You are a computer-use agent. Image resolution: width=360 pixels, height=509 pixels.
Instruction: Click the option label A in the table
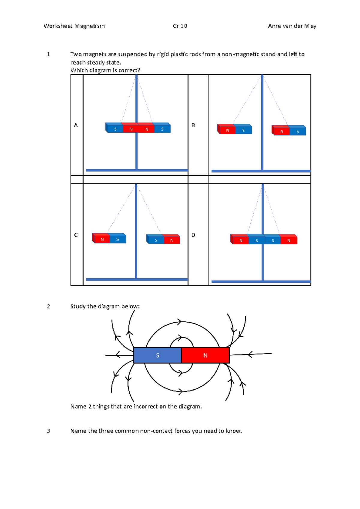(76, 125)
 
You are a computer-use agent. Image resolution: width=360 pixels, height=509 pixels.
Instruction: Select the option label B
(193, 125)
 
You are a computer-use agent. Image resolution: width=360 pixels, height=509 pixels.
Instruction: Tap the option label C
(76, 235)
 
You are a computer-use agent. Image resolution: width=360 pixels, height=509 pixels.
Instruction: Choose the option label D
(193, 235)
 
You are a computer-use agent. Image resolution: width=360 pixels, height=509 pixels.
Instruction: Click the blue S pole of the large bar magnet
(157, 355)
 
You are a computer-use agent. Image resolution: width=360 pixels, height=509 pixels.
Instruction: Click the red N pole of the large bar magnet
(205, 355)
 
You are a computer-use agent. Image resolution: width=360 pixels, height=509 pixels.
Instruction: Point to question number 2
(49, 306)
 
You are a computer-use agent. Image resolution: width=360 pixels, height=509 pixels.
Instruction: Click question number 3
(48, 431)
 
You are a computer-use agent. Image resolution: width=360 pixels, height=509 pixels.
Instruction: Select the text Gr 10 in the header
(180, 26)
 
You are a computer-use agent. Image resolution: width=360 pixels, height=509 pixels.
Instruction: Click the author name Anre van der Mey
(292, 26)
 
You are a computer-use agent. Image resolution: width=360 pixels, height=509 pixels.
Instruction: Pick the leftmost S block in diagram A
(115, 129)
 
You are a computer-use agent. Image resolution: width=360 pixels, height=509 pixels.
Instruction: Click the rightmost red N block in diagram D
(289, 240)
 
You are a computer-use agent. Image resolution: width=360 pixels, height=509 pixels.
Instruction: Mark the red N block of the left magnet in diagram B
(227, 130)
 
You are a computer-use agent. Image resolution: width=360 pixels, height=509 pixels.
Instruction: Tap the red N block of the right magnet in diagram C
(172, 240)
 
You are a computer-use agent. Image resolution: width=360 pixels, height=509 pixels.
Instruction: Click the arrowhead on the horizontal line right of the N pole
(250, 354)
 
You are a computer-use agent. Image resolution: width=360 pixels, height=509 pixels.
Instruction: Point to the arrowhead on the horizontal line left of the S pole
(118, 355)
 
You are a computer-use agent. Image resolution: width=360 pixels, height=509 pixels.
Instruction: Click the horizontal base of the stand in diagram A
(137, 170)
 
